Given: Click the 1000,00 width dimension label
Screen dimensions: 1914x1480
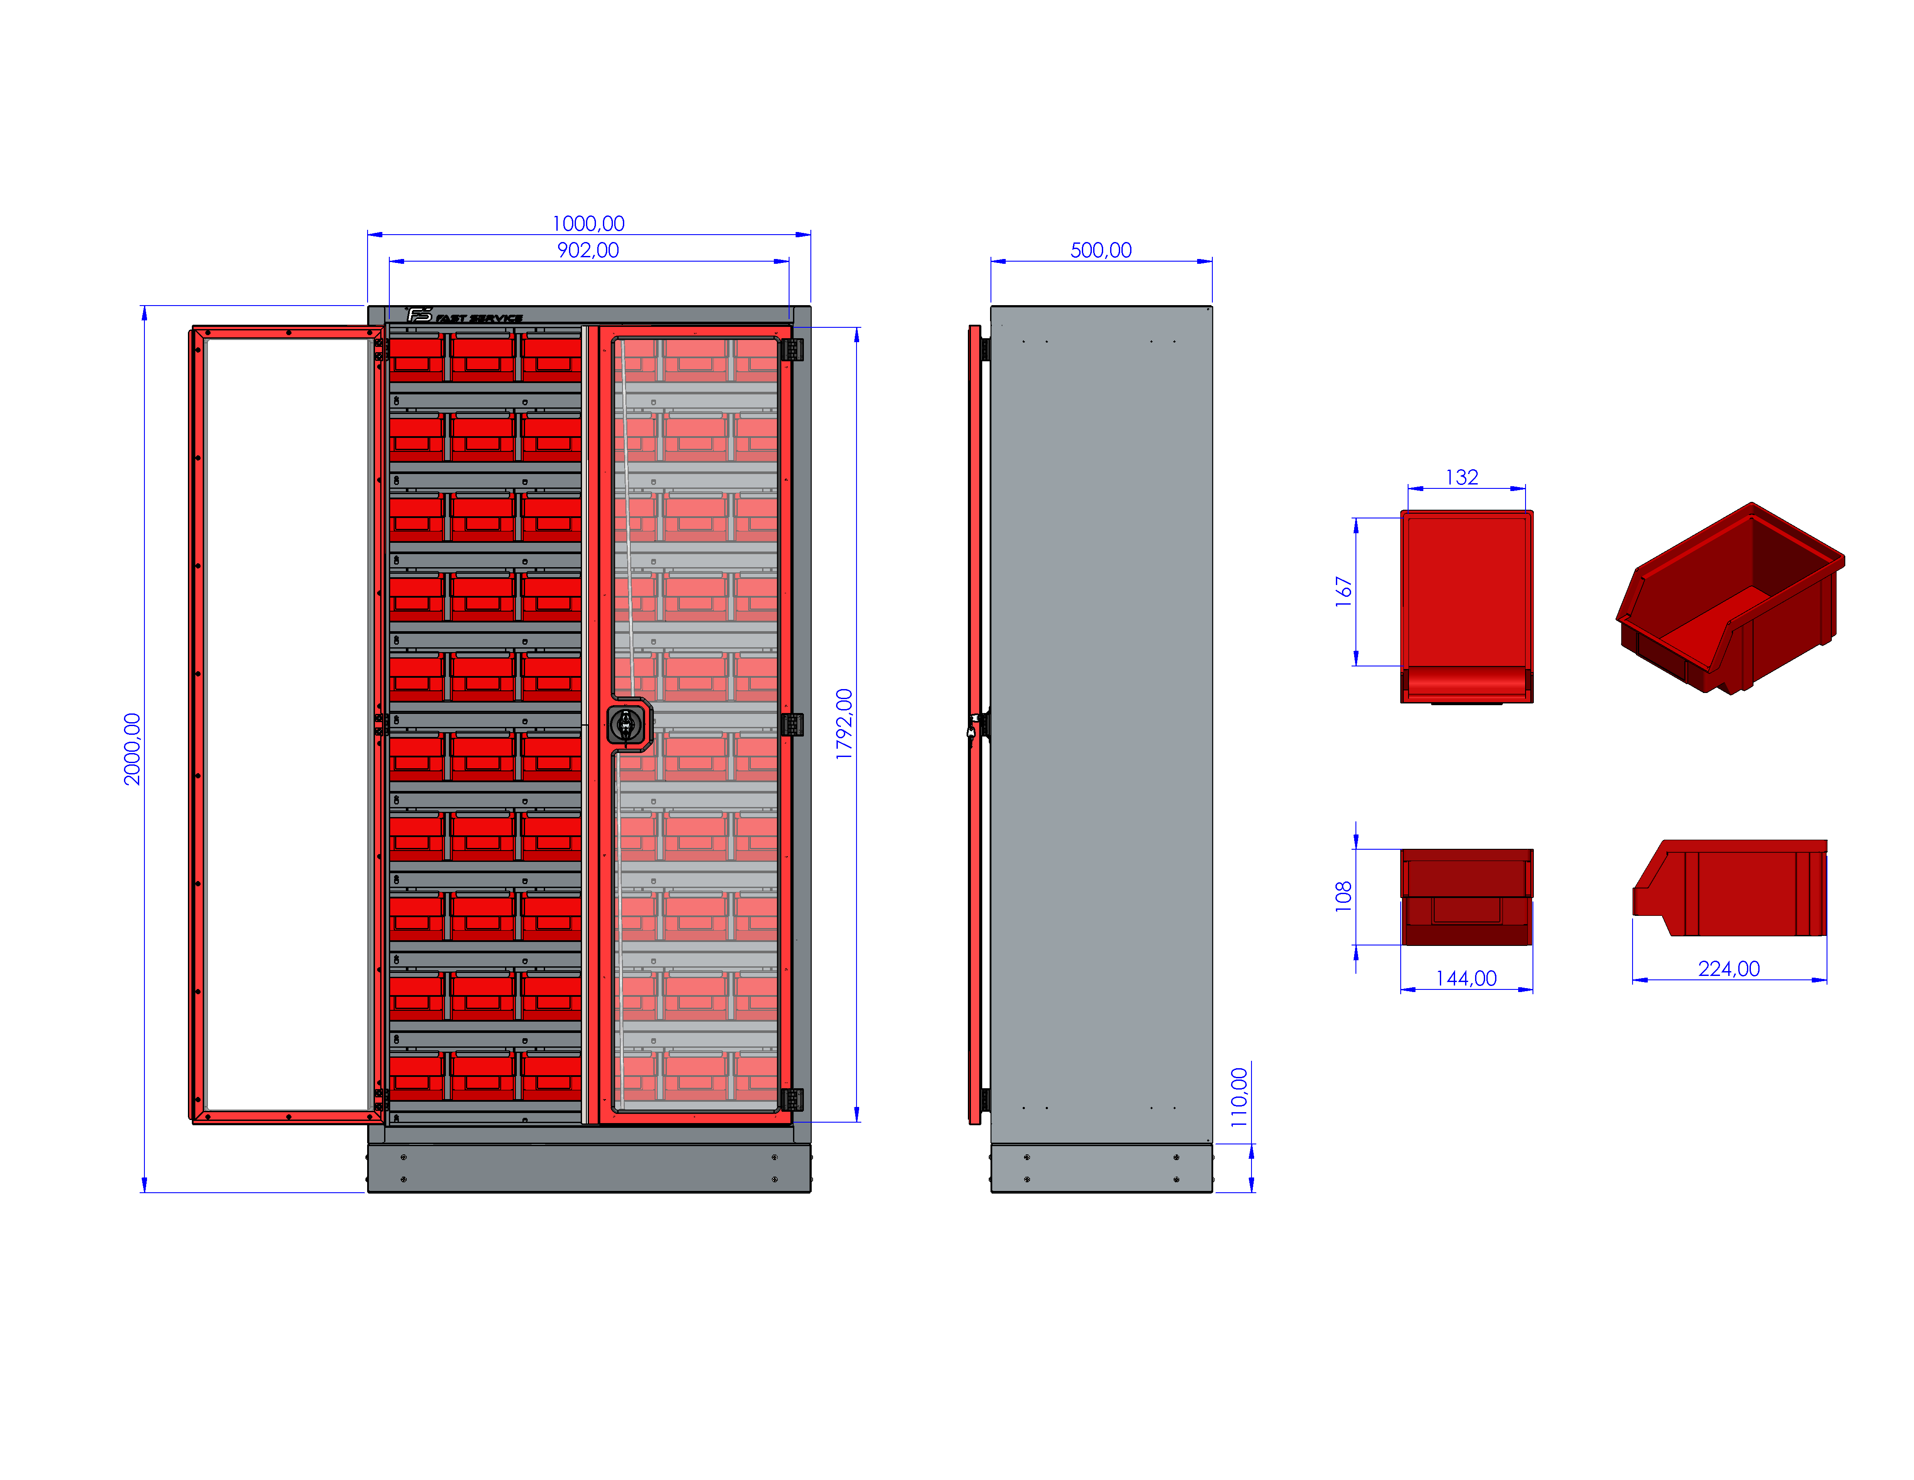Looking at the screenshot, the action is [588, 224].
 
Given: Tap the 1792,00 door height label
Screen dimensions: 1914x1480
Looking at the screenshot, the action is [844, 724].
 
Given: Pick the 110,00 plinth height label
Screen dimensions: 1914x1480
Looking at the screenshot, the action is [1239, 1097].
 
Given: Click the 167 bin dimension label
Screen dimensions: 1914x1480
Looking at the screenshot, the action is [1343, 592].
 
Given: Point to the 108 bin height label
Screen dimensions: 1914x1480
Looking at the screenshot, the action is [1343, 897].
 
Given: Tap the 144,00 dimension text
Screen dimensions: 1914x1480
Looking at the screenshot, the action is [1466, 979].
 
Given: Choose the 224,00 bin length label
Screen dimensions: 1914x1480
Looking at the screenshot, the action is [1729, 969].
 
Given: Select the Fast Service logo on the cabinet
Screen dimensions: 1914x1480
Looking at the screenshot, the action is [465, 316].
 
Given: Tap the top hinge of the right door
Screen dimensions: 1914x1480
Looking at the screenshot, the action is [792, 350].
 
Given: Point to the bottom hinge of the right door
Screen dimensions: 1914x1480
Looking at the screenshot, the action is [792, 1100].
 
